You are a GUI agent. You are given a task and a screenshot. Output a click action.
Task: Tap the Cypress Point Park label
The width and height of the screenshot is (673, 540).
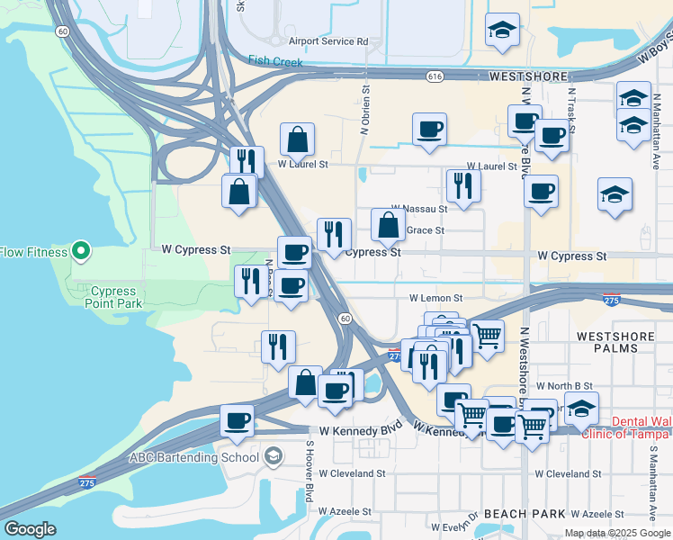click(113, 298)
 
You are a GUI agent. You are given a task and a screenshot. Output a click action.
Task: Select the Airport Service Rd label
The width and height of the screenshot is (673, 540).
click(328, 41)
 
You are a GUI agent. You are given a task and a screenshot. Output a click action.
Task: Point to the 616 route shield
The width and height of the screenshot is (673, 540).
click(435, 77)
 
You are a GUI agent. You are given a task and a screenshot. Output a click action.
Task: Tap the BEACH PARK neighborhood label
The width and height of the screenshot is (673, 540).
click(525, 514)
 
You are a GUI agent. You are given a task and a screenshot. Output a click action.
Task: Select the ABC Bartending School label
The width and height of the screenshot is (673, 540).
click(186, 456)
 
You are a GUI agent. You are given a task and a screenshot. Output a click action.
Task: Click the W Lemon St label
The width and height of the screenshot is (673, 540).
click(435, 297)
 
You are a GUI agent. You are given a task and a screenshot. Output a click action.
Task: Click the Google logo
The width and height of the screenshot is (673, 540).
click(30, 529)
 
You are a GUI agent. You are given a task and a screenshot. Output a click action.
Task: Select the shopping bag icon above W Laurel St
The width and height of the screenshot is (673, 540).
click(297, 140)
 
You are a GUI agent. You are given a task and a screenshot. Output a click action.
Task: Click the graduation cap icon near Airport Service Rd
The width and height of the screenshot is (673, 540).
click(502, 30)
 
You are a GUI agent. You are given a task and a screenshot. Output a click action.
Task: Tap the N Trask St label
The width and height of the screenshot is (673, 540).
click(571, 107)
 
